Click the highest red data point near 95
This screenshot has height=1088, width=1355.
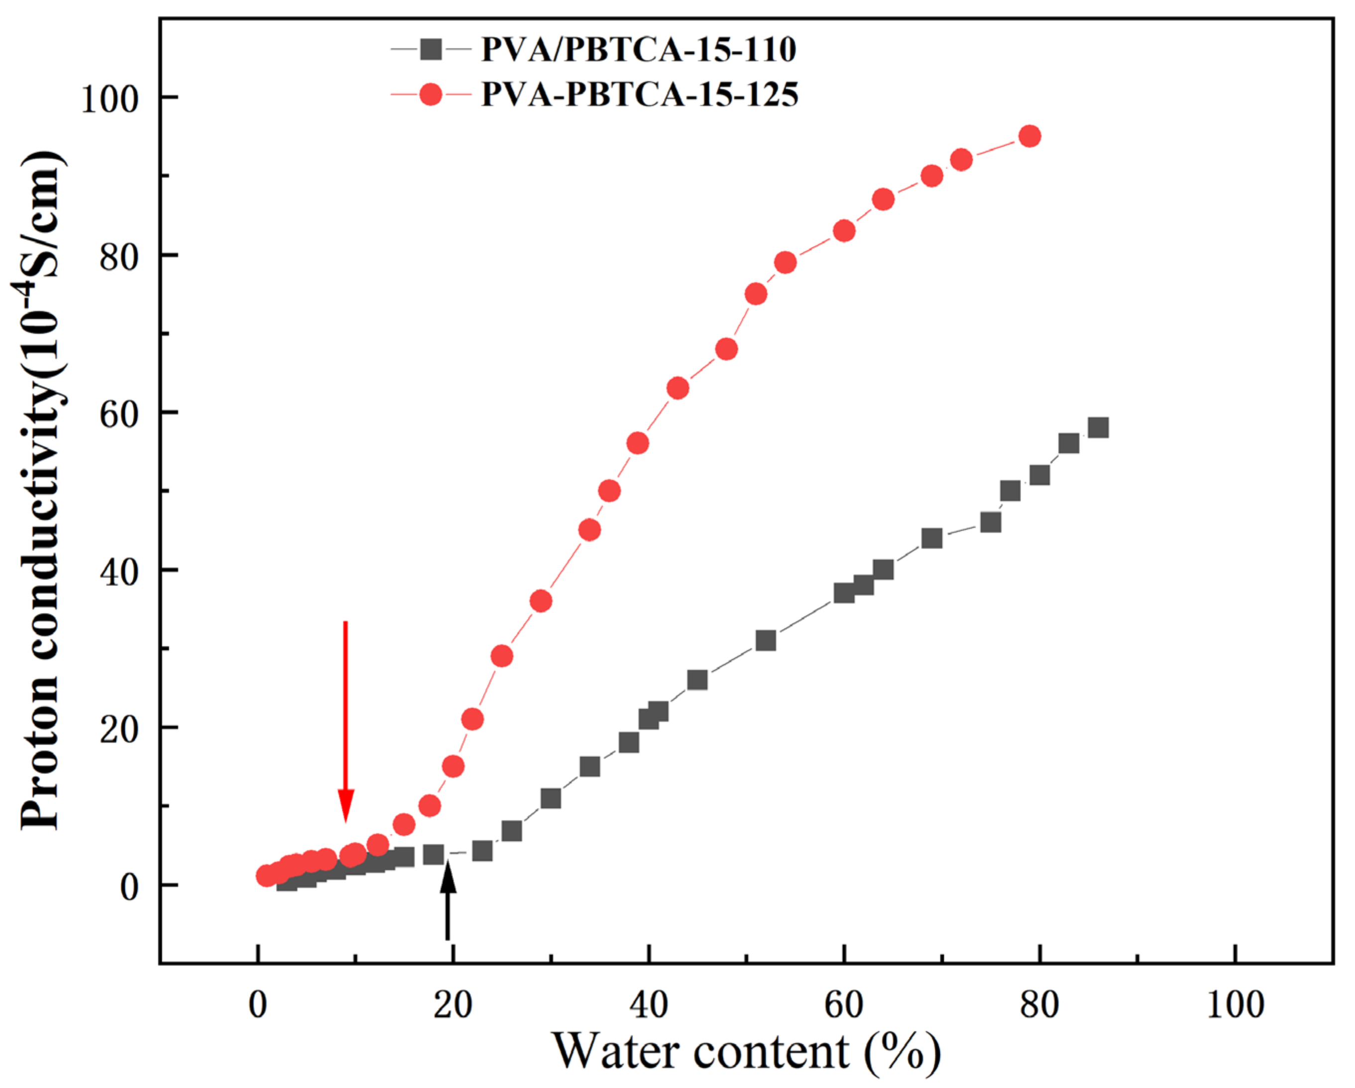click(x=1029, y=136)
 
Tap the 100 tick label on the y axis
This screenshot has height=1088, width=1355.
click(x=110, y=99)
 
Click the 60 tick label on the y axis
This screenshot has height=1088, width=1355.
click(x=119, y=414)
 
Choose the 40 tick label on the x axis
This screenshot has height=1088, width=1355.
click(x=648, y=1004)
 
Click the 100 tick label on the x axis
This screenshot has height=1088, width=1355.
click(x=1235, y=1004)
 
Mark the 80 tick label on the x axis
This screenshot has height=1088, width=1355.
click(x=1039, y=1004)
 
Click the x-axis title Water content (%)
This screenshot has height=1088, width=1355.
click(x=747, y=1053)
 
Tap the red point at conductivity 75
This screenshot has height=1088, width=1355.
click(x=756, y=294)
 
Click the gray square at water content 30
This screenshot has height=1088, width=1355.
click(x=551, y=798)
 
